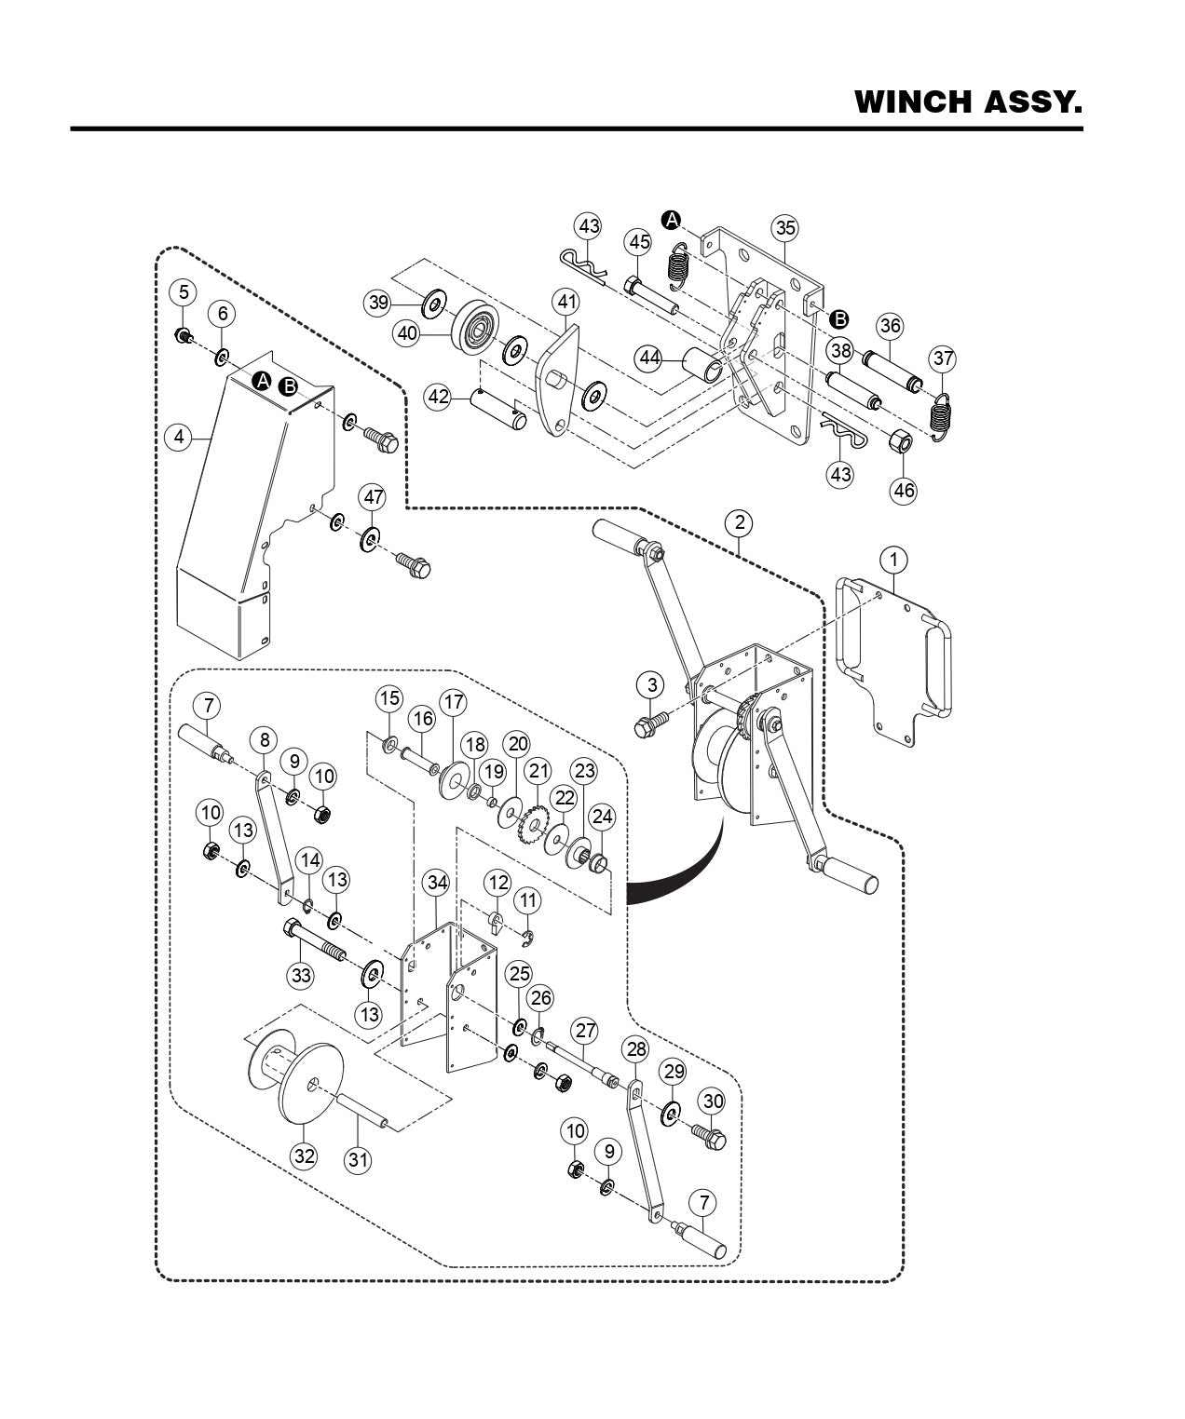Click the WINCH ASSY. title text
point(968,101)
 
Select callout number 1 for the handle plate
point(893,560)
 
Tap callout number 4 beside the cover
point(177,436)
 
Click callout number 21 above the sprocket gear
point(538,770)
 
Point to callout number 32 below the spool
point(305,1156)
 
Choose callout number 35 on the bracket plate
point(784,228)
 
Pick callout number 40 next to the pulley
point(407,331)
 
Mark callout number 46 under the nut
point(904,490)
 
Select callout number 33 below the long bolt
point(301,975)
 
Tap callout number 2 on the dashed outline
point(739,522)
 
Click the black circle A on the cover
point(263,380)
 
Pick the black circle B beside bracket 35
point(838,318)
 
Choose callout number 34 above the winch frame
point(435,882)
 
